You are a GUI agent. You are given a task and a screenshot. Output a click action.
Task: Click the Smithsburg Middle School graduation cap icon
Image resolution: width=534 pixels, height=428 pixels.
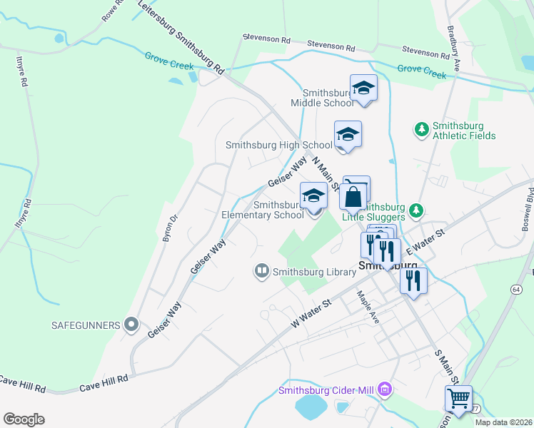(x=363, y=88)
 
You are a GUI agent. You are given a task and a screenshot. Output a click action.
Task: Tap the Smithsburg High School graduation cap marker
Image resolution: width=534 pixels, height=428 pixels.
(x=348, y=134)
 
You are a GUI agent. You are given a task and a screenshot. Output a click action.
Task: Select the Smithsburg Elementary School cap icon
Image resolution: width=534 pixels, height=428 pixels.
(x=313, y=196)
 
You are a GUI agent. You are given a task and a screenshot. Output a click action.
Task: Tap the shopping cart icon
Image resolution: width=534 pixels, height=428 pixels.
(x=458, y=398)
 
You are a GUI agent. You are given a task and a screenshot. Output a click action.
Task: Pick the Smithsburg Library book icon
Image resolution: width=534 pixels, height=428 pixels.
(x=262, y=271)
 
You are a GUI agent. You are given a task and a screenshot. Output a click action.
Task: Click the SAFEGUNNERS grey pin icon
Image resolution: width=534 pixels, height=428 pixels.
(x=131, y=325)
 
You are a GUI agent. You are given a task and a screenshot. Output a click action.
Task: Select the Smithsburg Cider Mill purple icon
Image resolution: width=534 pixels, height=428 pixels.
(x=386, y=389)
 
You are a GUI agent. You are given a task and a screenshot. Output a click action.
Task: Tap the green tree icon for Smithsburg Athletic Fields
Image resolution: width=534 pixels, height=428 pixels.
(x=422, y=128)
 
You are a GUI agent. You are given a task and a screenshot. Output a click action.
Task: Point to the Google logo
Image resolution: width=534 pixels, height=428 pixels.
(x=24, y=419)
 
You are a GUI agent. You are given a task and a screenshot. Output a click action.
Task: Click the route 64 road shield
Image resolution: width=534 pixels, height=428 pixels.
(x=515, y=287)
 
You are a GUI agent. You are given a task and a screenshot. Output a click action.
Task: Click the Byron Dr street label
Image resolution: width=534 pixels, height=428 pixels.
(x=168, y=228)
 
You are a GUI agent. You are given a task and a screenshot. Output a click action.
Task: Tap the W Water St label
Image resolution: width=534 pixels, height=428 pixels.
(x=313, y=313)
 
